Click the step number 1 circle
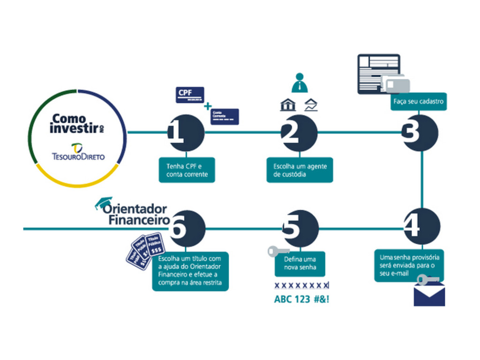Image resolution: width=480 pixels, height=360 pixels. coord(186,133)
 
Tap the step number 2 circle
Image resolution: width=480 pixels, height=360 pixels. coord(300,133)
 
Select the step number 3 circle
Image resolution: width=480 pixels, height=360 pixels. coord(420,133)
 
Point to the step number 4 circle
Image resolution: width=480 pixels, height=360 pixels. coord(422,226)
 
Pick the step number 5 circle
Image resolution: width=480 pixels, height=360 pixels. coord(300,229)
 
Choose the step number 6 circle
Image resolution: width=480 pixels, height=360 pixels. coord(187,229)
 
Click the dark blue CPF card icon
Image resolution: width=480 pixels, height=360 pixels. coord(190,95)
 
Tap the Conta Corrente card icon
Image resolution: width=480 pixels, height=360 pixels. coord(225,116)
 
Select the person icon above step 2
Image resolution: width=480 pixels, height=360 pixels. coord(300,82)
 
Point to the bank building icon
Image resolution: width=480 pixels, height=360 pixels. coord(288,105)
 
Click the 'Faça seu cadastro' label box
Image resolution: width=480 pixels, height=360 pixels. coord(419,102)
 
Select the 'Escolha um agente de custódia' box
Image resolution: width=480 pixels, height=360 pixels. coord(300,170)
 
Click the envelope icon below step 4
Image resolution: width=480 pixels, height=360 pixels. coord(429,296)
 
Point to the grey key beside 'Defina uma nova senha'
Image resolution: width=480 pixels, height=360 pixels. coord(277,251)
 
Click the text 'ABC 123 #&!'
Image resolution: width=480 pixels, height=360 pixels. coord(301,300)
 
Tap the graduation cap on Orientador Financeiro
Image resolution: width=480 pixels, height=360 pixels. coord(104,202)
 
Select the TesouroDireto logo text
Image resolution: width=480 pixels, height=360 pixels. coord(79,156)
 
